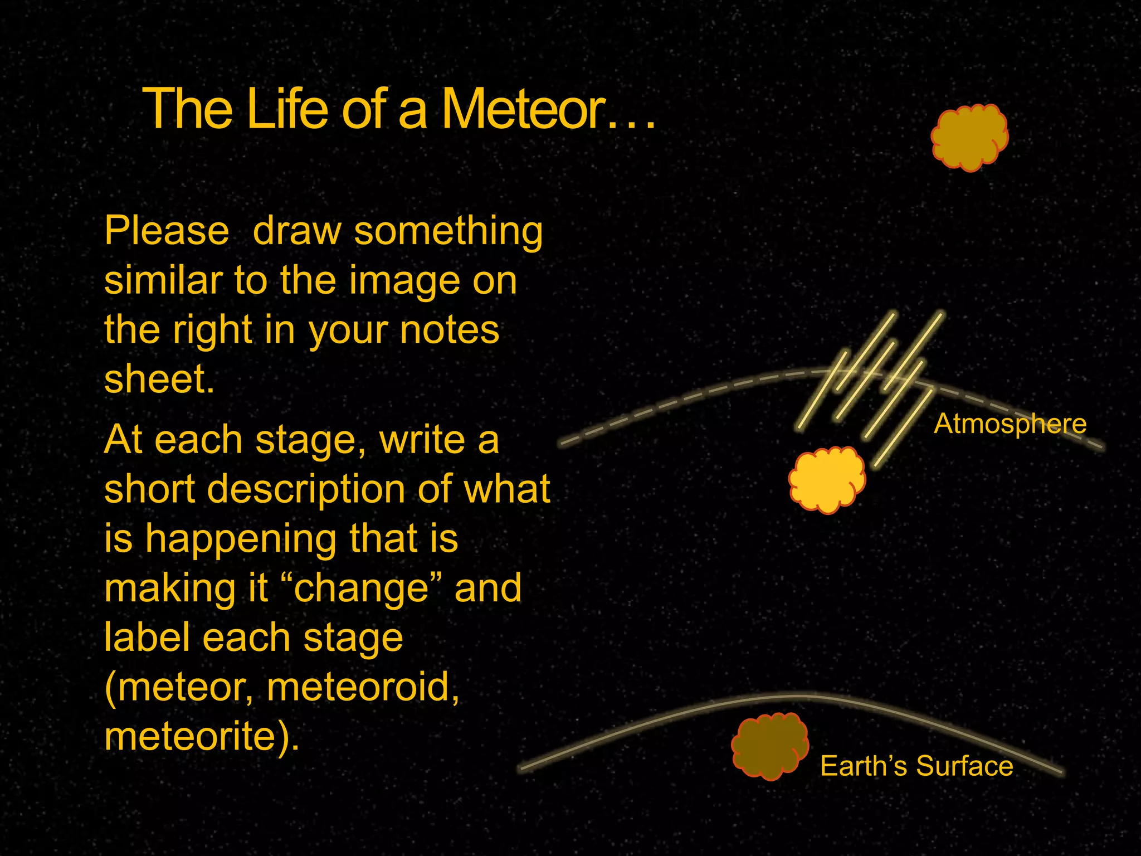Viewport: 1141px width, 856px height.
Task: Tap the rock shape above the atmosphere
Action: tap(970, 137)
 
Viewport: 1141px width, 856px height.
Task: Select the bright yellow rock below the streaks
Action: tap(827, 479)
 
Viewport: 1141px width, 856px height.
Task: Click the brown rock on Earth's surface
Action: tap(770, 746)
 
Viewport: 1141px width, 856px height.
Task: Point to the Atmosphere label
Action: tap(1010, 424)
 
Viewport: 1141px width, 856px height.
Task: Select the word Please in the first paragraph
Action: tap(167, 231)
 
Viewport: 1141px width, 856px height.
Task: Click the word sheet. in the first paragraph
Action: tap(159, 380)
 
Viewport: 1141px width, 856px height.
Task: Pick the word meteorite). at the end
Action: tap(202, 737)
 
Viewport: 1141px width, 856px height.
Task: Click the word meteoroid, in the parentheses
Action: tap(363, 687)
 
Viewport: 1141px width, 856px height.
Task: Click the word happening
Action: tap(241, 539)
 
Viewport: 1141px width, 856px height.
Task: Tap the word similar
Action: tap(163, 280)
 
